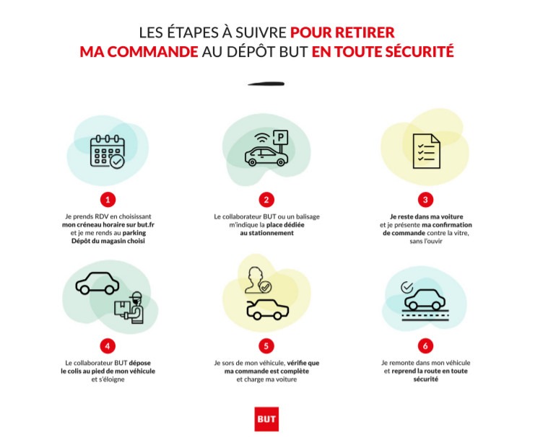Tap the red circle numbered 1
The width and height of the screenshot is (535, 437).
[108, 199]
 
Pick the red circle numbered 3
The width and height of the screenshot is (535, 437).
[425, 199]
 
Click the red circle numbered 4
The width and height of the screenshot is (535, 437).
[108, 345]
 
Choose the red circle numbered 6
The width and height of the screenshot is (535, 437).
[425, 345]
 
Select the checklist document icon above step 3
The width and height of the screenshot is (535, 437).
[426, 151]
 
